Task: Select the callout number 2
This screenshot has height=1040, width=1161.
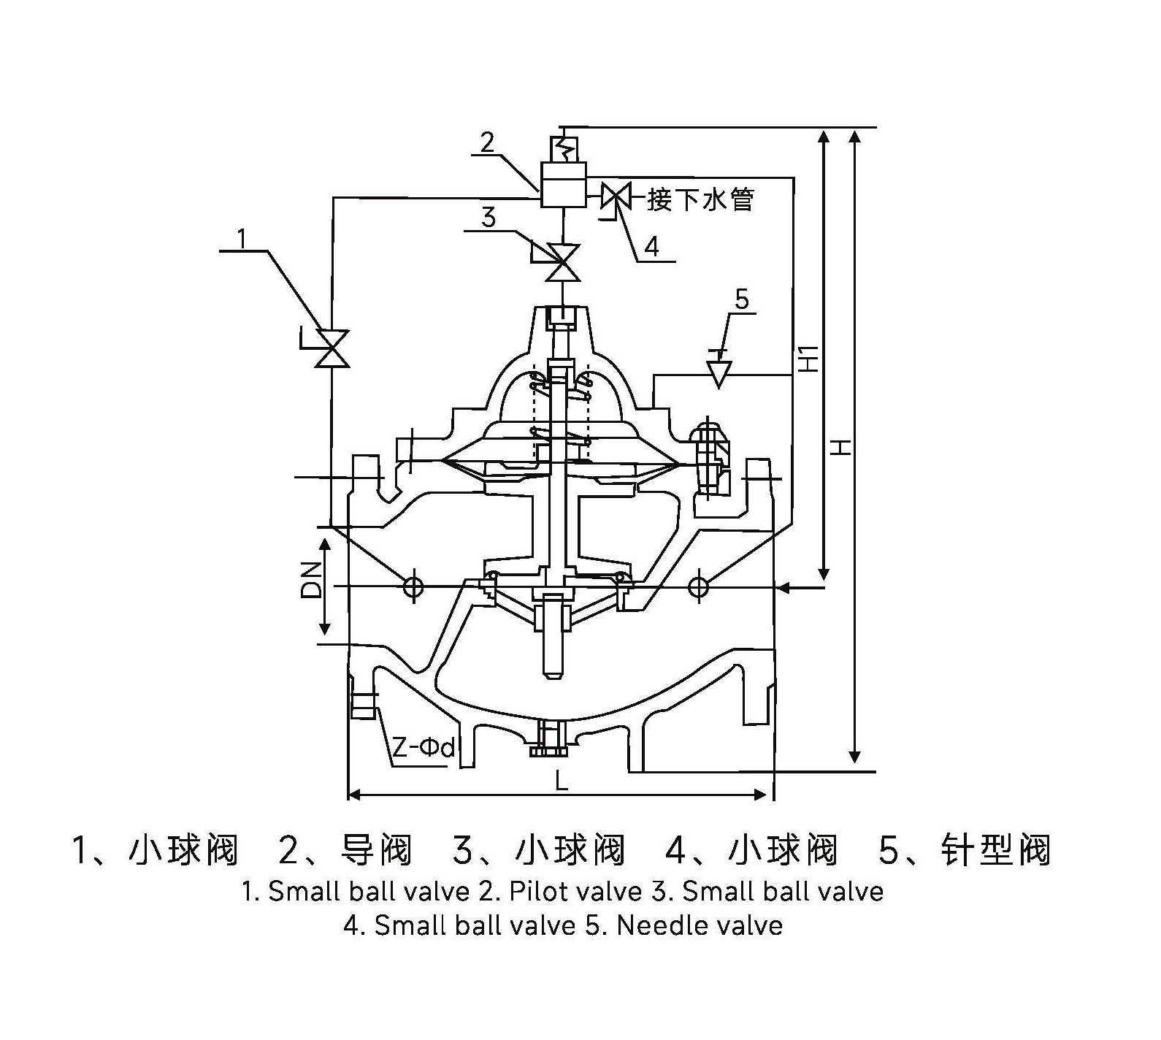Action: (487, 141)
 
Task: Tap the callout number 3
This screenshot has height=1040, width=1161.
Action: (489, 217)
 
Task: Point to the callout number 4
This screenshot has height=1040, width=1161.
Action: (651, 247)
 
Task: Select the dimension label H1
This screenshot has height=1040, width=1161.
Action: (808, 357)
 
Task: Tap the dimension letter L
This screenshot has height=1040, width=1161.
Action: (561, 781)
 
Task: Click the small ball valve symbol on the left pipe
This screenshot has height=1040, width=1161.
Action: (334, 348)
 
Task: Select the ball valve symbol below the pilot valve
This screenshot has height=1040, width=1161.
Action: (563, 263)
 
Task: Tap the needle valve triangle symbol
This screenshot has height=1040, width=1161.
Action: (719, 373)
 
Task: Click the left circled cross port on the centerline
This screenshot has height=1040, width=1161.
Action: (413, 586)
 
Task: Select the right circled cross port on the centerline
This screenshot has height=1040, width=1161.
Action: (699, 586)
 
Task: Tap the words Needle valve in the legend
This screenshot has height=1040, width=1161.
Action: (700, 925)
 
